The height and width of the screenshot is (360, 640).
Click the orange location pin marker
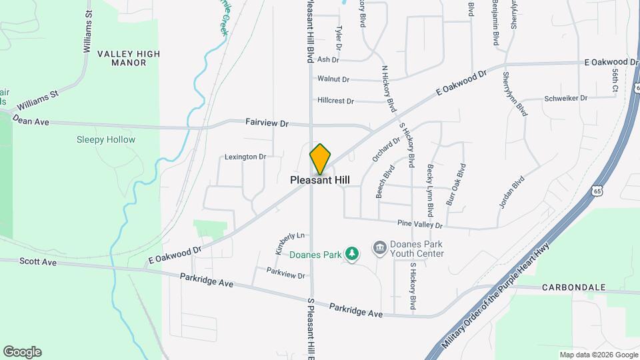(x=320, y=159)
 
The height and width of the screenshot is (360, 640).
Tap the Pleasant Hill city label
(x=320, y=181)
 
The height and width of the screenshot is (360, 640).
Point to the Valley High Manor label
(x=121, y=58)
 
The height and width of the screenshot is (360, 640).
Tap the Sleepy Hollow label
(x=105, y=140)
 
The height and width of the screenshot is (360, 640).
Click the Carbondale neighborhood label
(x=573, y=287)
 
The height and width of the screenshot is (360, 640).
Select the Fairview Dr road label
(x=267, y=123)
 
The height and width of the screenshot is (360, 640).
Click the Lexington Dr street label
(x=245, y=157)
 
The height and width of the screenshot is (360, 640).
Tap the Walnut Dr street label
(x=333, y=79)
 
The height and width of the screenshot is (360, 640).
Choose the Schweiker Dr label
(x=565, y=98)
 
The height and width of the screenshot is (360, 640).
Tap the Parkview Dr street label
(x=285, y=275)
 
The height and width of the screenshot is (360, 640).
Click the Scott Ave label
(x=38, y=263)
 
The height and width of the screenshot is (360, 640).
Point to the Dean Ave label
(x=31, y=122)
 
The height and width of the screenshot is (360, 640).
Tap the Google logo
(x=22, y=352)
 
